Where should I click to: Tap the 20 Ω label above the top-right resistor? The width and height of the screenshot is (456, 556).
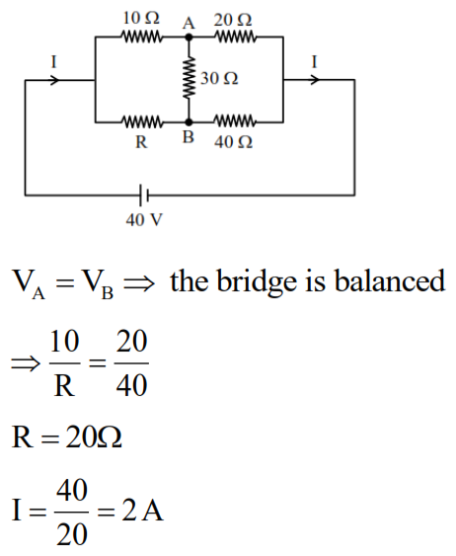[x=234, y=19]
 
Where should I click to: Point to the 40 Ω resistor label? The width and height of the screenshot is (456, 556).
[x=233, y=142]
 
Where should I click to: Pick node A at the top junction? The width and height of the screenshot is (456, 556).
[x=188, y=21]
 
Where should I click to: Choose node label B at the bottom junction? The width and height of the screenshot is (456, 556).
[x=188, y=139]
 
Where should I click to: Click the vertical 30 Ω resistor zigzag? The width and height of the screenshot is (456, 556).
[x=188, y=79]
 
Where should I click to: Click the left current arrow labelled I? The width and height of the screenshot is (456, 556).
[x=53, y=79]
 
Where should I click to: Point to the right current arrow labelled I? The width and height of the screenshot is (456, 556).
[x=314, y=79]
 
